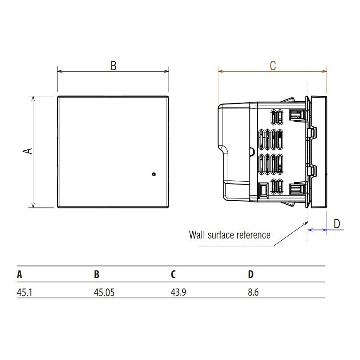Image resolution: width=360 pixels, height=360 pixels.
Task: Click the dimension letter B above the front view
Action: [x=113, y=66]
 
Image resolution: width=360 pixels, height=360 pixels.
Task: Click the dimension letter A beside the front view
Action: [x=28, y=151]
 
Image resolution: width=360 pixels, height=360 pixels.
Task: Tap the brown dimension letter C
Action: [x=273, y=66]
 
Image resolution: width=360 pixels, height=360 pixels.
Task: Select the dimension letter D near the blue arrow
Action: [x=337, y=224]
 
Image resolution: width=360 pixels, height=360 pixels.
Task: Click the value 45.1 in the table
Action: [x=25, y=292]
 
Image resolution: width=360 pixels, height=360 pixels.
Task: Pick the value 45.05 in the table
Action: [x=104, y=292]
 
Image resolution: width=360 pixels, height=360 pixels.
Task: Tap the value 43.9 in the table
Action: [x=178, y=292]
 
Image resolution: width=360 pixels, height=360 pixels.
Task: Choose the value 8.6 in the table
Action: [x=253, y=292]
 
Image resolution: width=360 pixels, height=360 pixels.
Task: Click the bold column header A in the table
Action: [x=19, y=274]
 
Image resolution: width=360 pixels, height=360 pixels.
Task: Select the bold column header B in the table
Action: [x=97, y=274]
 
